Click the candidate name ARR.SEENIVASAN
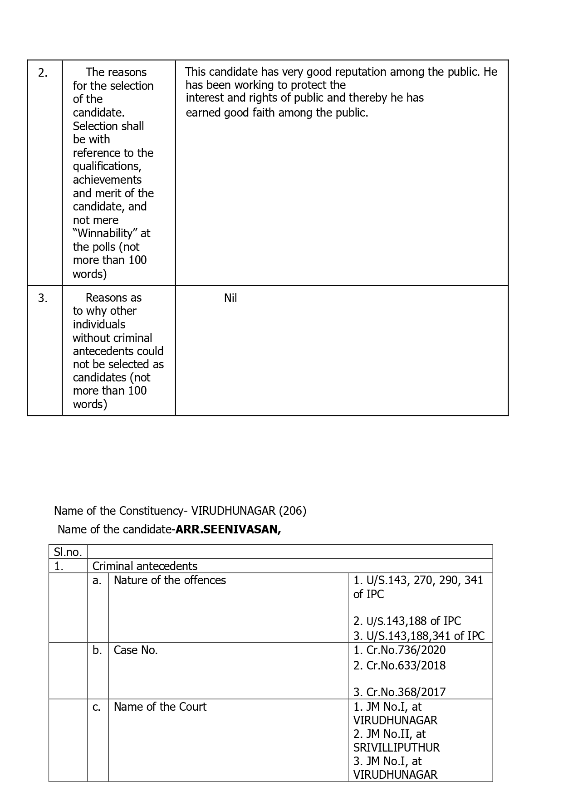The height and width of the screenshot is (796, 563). [x=228, y=529]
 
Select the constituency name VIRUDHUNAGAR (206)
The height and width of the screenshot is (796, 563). [x=249, y=511]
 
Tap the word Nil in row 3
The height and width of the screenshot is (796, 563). [x=230, y=298]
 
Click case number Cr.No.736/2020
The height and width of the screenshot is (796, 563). [x=405, y=650]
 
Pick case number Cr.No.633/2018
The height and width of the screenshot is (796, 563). [x=405, y=665]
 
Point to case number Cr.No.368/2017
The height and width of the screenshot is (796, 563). [x=405, y=692]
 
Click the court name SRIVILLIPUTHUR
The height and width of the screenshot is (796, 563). [x=397, y=747]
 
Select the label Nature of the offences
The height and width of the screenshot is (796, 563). [x=170, y=580]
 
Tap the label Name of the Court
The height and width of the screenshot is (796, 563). [x=160, y=707]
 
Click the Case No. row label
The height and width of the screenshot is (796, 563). [x=136, y=650]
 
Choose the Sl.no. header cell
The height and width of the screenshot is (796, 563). [x=68, y=552]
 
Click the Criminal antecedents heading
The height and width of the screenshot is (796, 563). [x=145, y=566]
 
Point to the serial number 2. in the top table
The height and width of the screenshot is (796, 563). [x=43, y=73]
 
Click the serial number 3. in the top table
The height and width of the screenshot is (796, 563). [x=43, y=298]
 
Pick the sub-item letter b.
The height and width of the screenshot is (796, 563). [x=97, y=650]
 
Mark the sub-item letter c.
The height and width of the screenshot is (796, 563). [x=97, y=707]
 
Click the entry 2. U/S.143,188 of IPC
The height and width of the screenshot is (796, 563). [x=407, y=621]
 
